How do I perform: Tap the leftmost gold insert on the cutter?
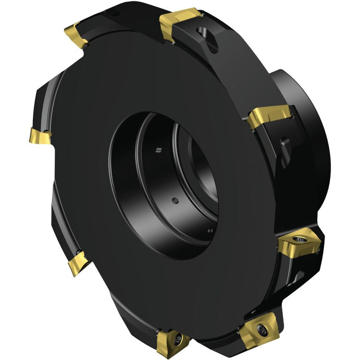(x=40, y=136)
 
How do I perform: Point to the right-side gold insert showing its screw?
(x=298, y=242)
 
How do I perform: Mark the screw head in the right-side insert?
(x=302, y=239)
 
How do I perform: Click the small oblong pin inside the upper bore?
(x=158, y=150)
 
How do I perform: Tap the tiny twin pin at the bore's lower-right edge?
(x=210, y=230)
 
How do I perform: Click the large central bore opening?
(x=164, y=185)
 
